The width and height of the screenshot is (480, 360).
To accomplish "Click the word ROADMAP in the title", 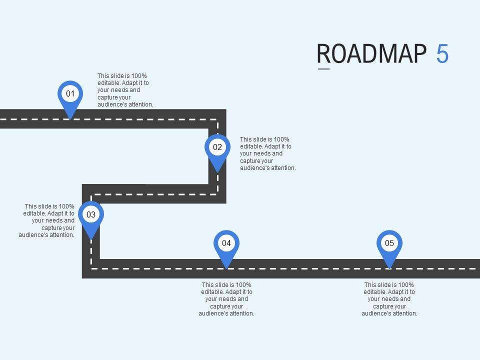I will point(372,54).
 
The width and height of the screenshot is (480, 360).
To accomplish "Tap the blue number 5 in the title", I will point(442,54).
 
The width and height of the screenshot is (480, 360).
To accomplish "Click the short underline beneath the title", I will point(324,69).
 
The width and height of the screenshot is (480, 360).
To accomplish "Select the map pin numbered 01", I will point(70,94).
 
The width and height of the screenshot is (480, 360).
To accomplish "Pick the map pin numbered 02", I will point(217,147).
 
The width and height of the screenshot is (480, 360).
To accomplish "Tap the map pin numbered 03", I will point(91,215).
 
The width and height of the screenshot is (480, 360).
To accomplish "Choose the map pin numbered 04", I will point(226,243).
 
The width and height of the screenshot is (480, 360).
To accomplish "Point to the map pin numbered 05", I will point(389,243).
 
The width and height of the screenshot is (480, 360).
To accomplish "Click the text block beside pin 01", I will point(125,90).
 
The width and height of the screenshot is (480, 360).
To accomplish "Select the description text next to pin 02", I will point(267,154).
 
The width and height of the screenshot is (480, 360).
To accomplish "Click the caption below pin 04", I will point(226,299).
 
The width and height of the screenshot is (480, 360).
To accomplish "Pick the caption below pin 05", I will point(389,299).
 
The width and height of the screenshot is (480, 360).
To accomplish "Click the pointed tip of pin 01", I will point(70,118).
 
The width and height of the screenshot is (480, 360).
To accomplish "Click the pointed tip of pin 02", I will point(217,172).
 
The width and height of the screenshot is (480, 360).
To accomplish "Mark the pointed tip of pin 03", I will point(91,239).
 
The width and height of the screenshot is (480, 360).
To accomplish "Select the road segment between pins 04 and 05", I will point(307,268).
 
